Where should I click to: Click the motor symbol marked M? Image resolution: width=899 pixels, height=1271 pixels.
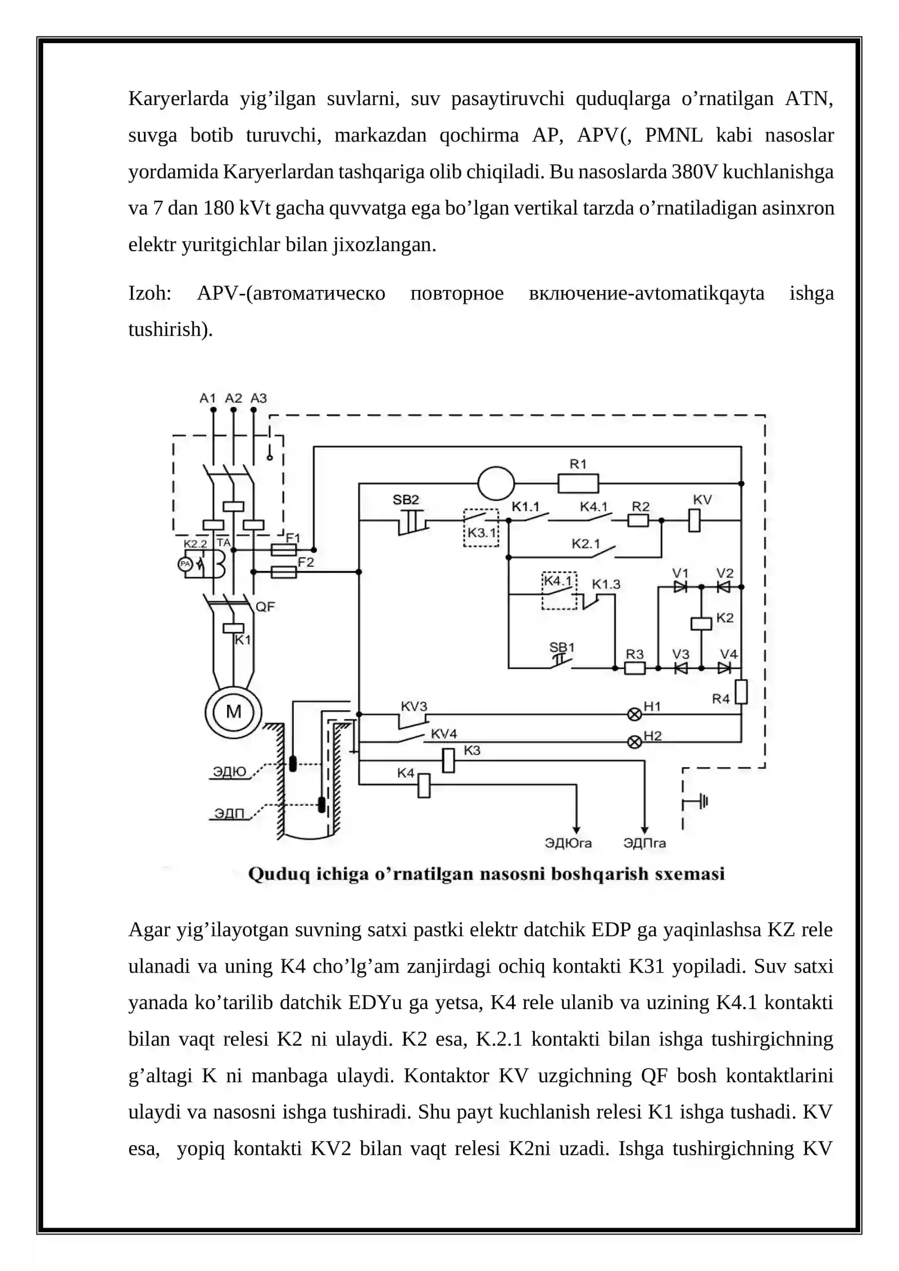coord(233,712)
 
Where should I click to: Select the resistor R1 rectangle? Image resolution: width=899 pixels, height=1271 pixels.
coord(578,483)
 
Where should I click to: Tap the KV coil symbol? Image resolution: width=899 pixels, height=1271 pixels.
coord(694,520)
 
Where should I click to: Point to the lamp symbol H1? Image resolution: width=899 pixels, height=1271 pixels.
coord(634,715)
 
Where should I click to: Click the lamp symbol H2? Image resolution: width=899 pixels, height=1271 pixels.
coord(634,742)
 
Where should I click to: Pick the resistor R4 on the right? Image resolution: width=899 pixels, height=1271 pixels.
coord(741,692)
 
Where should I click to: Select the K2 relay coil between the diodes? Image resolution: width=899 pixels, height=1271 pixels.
coord(701,624)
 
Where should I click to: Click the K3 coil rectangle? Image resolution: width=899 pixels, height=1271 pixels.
coord(448,761)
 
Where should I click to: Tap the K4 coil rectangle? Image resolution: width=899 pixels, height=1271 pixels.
coord(424,786)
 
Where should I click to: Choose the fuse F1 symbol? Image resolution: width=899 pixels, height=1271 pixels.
coord(284,550)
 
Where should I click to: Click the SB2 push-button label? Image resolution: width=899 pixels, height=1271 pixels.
coord(406,500)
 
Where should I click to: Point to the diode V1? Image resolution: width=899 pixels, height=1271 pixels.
coord(680,587)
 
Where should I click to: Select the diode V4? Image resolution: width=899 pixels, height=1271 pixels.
coord(725,668)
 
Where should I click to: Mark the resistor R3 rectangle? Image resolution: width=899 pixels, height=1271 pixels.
coord(635,668)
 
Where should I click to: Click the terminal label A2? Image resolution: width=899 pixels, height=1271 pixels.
coord(233,398)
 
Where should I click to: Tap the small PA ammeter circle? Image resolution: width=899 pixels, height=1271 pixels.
coord(185,564)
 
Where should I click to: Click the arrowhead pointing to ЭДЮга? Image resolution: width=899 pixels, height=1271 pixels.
coord(575,830)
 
